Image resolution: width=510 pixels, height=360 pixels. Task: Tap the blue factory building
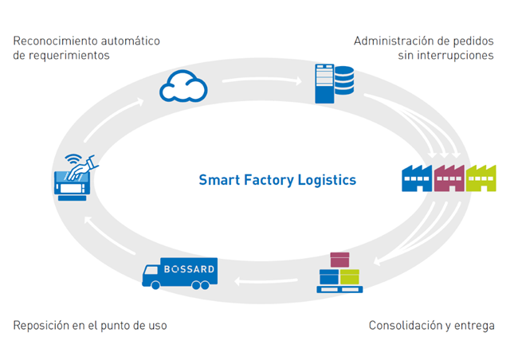[416, 179]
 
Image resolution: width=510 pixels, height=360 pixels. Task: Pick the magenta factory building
[448, 179]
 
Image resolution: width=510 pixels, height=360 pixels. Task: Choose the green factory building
[481, 179]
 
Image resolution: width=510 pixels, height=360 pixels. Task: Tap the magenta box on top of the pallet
[339, 260]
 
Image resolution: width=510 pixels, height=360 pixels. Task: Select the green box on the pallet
[350, 276]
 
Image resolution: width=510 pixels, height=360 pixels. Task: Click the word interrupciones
[456, 56]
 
